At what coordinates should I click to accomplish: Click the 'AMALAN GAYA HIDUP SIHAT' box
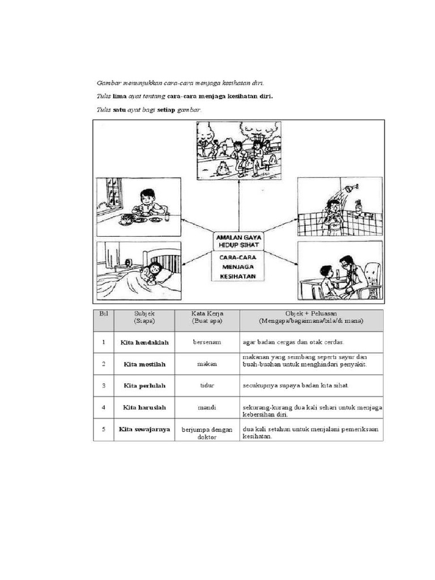[x=238, y=240]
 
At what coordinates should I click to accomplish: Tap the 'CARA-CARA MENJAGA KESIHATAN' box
[x=238, y=266]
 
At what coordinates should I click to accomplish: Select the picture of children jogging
[x=238, y=150]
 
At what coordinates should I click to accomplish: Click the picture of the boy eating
[x=139, y=207]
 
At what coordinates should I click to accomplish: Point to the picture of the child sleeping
[x=139, y=270]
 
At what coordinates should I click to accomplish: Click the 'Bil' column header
[x=103, y=317]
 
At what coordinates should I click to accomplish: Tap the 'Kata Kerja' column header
[x=207, y=317]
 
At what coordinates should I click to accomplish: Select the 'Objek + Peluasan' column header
[x=311, y=317]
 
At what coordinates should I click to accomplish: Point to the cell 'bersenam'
[x=207, y=343]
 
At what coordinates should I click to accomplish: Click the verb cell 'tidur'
[x=207, y=386]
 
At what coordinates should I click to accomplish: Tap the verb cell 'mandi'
[x=207, y=407]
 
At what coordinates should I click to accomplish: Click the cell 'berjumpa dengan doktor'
[x=207, y=433]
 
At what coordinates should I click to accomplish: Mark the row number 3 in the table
[x=103, y=386]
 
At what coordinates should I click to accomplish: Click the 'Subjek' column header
[x=144, y=317]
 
